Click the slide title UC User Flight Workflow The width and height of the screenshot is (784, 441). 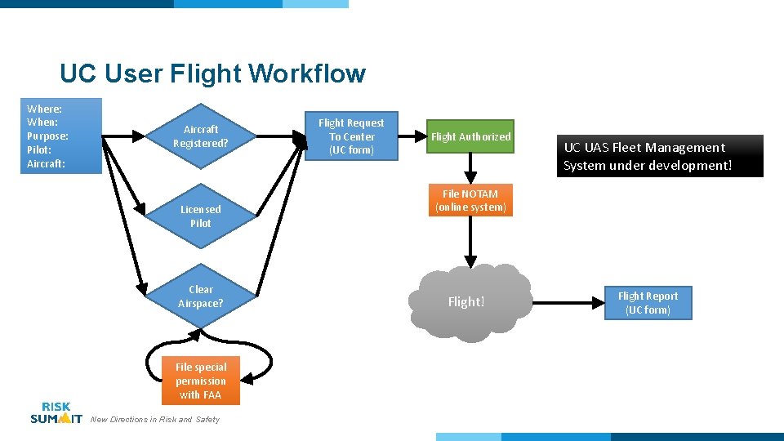(x=212, y=73)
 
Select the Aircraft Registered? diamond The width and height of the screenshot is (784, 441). (x=201, y=136)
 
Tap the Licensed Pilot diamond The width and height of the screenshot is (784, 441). (x=201, y=216)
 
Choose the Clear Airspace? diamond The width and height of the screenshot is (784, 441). (x=201, y=296)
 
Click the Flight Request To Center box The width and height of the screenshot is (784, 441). (x=351, y=136)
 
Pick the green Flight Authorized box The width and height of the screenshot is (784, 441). (x=470, y=137)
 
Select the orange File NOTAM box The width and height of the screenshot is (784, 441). (x=470, y=201)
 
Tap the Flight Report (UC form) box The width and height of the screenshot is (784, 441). (x=648, y=303)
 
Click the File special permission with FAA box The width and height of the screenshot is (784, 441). (x=201, y=381)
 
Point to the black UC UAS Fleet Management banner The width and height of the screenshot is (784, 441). (x=661, y=156)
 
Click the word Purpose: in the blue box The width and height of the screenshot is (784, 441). (x=47, y=136)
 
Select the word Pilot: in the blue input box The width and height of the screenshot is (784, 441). (x=39, y=150)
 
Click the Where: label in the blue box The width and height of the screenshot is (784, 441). (x=44, y=109)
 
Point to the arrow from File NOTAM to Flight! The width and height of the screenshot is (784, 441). (x=470, y=241)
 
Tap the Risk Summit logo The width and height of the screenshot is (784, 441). (x=56, y=413)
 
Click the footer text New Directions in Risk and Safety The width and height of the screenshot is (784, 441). (x=155, y=420)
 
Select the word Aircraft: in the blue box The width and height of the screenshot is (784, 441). (x=46, y=164)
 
